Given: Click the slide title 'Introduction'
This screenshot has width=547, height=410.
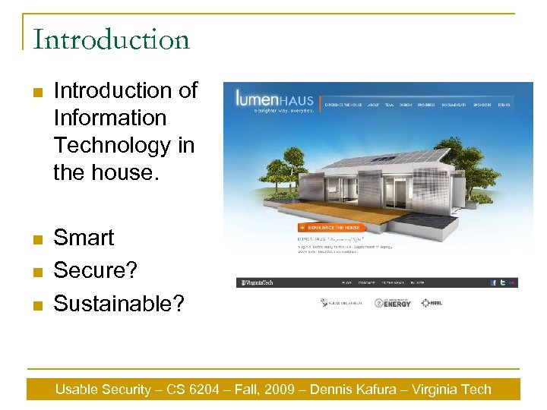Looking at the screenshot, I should tap(111, 39).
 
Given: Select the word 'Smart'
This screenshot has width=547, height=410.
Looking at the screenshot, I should tap(84, 238).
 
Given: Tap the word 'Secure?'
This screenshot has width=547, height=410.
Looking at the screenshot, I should tap(94, 270).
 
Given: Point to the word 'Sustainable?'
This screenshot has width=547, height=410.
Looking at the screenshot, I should tap(119, 303).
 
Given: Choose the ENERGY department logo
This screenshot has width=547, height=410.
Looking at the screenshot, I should tap(393, 303).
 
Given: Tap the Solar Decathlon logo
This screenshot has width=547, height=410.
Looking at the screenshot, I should tap(342, 303).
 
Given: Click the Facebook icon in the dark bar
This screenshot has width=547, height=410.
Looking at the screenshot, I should tap(494, 282).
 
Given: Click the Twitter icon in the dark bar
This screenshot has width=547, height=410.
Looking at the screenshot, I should tap(503, 282).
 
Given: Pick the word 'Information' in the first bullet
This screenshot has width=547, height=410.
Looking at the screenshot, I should tap(109, 118).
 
